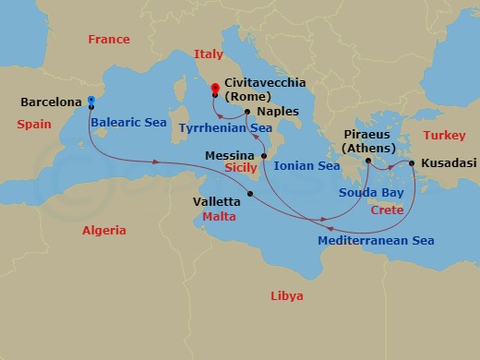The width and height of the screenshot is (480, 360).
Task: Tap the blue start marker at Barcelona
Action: (91, 101)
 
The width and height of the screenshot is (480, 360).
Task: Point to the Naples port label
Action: (278, 109)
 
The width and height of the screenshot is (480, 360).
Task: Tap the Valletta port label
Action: (218, 198)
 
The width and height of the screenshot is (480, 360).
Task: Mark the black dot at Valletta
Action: (251, 193)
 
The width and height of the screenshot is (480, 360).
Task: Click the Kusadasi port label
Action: (448, 162)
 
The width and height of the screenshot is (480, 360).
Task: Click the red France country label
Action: (108, 39)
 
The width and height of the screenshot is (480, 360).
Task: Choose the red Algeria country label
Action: (104, 231)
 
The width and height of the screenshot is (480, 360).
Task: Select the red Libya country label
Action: (285, 295)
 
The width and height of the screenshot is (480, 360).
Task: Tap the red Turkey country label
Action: (441, 136)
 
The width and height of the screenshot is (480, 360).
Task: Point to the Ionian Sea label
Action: (307, 166)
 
